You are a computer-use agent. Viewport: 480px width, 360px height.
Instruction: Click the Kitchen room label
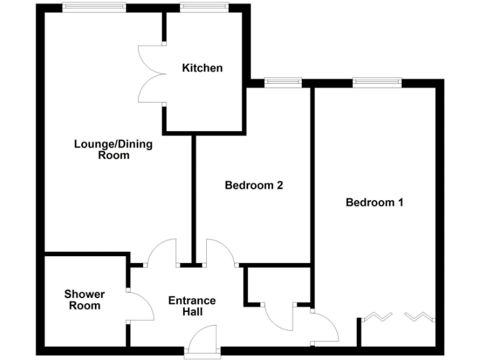coord(202,67)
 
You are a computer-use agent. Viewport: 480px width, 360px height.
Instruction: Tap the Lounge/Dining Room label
coord(113,149)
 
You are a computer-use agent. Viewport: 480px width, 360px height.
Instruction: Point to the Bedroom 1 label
coord(374,202)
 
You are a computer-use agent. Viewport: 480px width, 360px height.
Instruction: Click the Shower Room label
coord(84,300)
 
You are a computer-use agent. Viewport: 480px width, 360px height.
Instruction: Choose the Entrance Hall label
coord(192,306)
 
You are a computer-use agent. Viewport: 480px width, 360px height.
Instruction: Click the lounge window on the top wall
coord(94,7)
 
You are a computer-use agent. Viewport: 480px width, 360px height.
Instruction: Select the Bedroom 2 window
coord(282,82)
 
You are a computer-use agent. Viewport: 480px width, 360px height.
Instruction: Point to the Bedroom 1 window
coord(377,82)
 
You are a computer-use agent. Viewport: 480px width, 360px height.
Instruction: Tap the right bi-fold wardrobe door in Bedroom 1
coord(418,317)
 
